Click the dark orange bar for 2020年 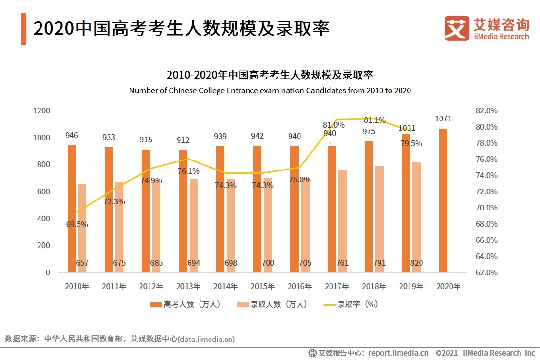[x=443, y=200]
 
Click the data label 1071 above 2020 [x=443, y=119]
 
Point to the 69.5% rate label [x=77, y=224]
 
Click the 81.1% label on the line [x=374, y=120]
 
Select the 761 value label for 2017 [x=342, y=263]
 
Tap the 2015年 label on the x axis [x=262, y=287]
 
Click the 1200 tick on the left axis [x=41, y=110]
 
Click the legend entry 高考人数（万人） [x=186, y=304]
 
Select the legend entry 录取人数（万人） [x=273, y=304]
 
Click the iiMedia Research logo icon [x=456, y=28]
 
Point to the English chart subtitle [x=270, y=90]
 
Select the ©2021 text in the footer [x=447, y=353]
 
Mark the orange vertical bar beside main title [x=23, y=29]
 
